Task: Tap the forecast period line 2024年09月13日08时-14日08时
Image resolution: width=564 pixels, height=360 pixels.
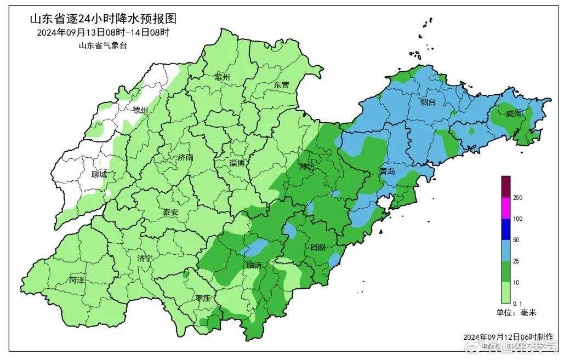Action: pyautogui.click(x=103, y=32)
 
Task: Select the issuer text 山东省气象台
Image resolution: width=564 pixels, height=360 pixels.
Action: pyautogui.click(x=103, y=45)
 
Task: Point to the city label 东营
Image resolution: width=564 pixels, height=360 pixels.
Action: pyautogui.click(x=281, y=85)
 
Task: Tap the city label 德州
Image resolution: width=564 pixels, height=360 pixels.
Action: pyautogui.click(x=140, y=110)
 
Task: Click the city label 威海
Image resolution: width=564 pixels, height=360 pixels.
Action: pyautogui.click(x=514, y=113)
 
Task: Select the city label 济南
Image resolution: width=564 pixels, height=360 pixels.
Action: pyautogui.click(x=185, y=157)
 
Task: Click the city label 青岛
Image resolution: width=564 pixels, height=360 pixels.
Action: pyautogui.click(x=387, y=172)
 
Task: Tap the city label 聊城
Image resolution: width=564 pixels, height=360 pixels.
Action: pyautogui.click(x=100, y=175)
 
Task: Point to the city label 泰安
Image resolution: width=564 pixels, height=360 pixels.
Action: pyautogui.click(x=171, y=212)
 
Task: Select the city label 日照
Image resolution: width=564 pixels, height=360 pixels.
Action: pyautogui.click(x=318, y=247)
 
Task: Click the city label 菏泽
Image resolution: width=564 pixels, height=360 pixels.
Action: pyautogui.click(x=77, y=280)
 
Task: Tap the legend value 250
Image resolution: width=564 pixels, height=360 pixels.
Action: pyautogui.click(x=517, y=198)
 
